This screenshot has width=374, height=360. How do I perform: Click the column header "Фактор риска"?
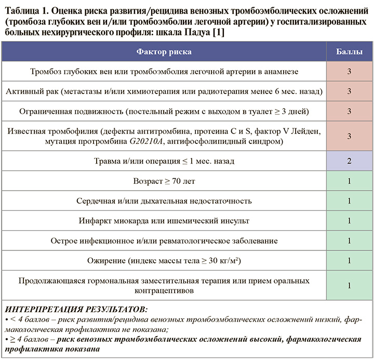coord(164,52)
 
